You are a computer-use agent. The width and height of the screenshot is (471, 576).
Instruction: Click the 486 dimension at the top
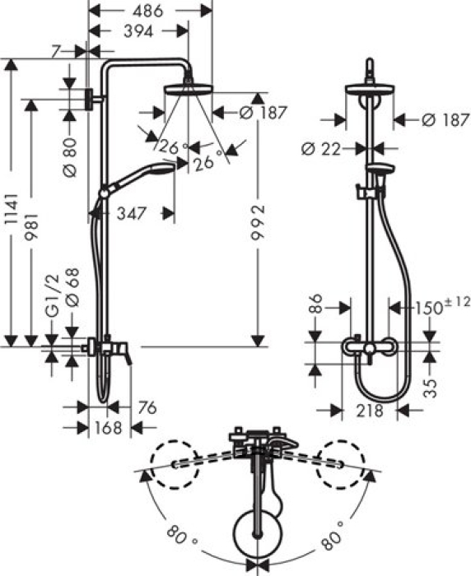pos(147,11)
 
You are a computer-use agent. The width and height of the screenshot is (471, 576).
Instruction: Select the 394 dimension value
pos(138,31)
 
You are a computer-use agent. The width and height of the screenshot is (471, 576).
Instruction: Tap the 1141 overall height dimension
pos(12,209)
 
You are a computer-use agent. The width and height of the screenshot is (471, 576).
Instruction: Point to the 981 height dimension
pos(31,226)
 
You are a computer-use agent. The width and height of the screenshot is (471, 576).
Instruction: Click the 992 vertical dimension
pos(258,222)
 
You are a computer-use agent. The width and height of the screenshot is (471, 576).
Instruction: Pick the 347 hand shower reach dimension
pos(132,213)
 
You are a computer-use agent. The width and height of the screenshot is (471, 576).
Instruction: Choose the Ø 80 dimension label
pos(70,157)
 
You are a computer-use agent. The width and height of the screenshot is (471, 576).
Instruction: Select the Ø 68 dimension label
pos(72,287)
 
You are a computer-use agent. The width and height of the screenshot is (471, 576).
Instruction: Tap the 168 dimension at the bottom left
pos(108,428)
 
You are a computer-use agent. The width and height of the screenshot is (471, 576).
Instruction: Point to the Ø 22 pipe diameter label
pos(320,149)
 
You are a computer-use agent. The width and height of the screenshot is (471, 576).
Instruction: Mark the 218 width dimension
pos(369,411)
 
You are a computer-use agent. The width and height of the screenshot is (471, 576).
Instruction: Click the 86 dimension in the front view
pos(316,304)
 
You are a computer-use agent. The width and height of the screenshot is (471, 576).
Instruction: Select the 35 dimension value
pos(430,388)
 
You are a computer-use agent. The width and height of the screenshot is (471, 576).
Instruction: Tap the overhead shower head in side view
pos(189,89)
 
